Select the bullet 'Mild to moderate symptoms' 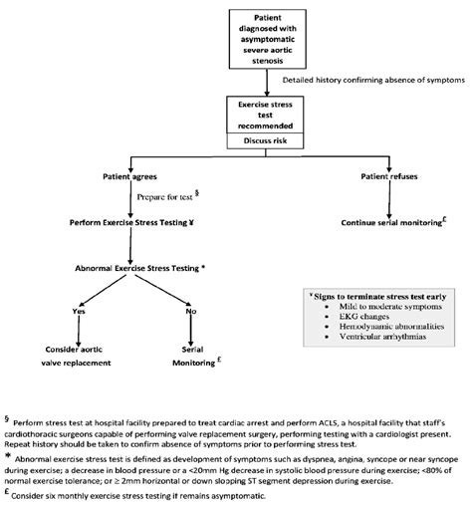(x=381, y=313)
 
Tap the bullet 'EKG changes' (x=357, y=326)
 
